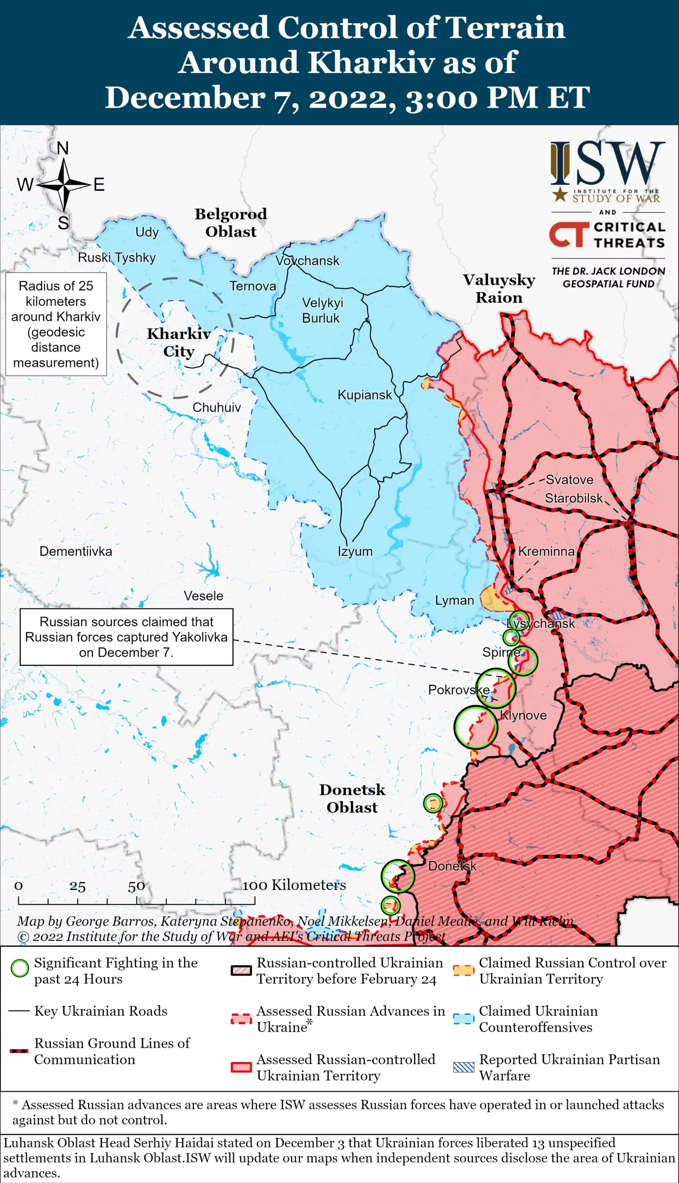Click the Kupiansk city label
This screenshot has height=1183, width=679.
365,395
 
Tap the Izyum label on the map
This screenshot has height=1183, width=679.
355,551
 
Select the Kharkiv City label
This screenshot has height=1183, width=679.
179,342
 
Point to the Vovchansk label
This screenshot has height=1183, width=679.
307,261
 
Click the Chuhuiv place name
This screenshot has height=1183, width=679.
217,407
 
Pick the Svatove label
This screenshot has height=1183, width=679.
570,480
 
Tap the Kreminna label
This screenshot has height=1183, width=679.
546,551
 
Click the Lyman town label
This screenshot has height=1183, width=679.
454,600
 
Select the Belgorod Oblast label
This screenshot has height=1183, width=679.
231,223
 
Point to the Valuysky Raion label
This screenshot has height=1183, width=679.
499,288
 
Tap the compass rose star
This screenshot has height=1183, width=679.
64,185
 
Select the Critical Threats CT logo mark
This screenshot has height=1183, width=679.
567,234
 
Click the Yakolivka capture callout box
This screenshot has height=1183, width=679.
127,637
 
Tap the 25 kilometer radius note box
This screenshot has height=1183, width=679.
56,324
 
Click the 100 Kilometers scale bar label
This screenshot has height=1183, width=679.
294,885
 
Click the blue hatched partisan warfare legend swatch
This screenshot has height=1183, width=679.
464,1067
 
